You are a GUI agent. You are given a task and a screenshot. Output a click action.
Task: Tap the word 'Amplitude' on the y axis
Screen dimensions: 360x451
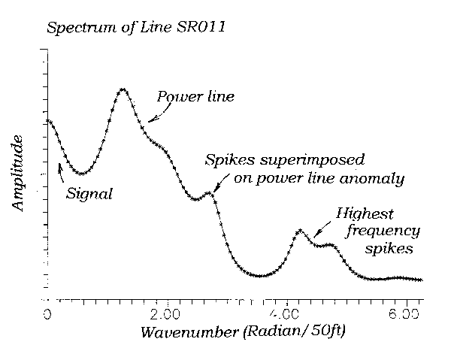click(20, 174)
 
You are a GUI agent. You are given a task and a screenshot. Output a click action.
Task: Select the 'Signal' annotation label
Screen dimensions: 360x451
click(89, 194)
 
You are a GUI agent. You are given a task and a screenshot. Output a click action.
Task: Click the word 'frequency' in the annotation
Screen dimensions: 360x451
click(383, 230)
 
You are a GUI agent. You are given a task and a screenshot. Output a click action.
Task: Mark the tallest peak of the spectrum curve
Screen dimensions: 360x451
click(123, 89)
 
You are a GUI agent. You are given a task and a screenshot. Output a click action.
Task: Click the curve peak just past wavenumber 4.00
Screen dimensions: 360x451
click(298, 231)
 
